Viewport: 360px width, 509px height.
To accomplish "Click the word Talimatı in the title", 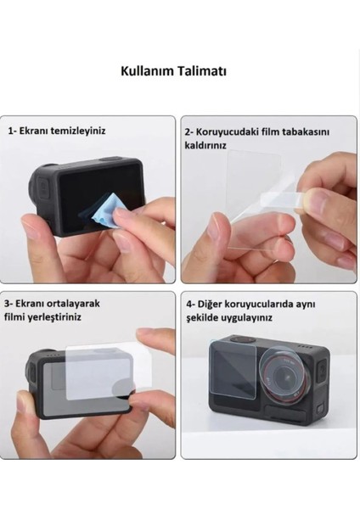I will [x=203, y=72].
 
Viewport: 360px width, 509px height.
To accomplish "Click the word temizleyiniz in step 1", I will [x=89, y=132].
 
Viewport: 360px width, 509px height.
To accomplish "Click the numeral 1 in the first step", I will [x=11, y=132].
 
